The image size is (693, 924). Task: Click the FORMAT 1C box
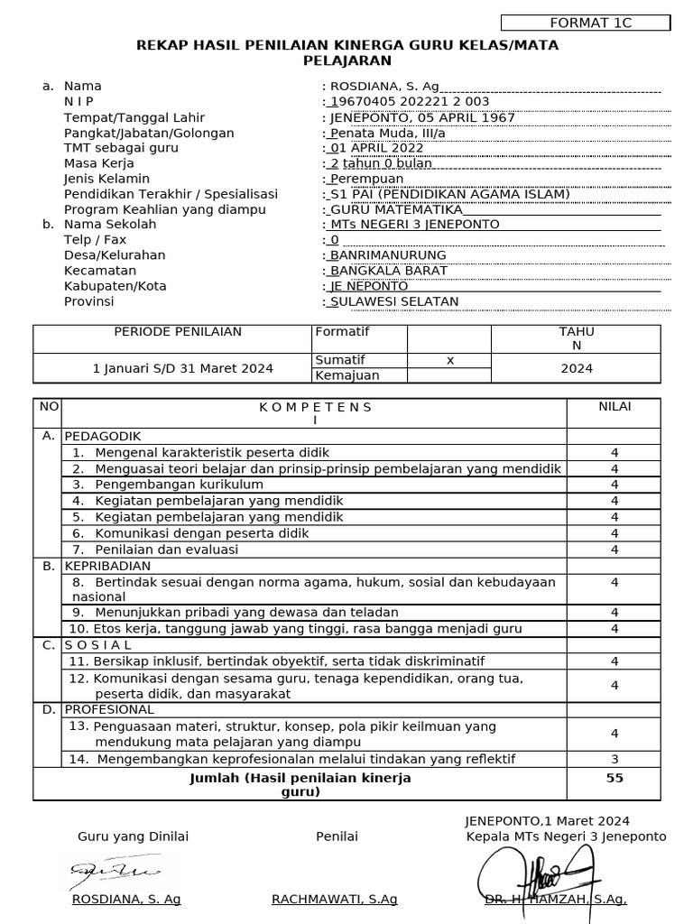pos(585,23)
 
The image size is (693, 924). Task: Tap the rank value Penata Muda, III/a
pos(388,133)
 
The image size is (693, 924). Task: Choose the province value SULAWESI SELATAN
pos(394,301)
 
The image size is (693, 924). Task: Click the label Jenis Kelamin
pos(106,179)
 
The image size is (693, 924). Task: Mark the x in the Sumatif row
pos(450,360)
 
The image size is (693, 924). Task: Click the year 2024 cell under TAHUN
pos(577,368)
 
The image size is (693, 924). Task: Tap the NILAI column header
pos(614,406)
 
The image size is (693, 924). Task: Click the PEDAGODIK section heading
pos(103,436)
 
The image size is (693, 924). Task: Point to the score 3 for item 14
pos(614,759)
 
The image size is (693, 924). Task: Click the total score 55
pos(614,778)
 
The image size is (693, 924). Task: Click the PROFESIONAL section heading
pos(109,709)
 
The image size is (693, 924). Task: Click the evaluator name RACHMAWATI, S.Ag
pos(334,900)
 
